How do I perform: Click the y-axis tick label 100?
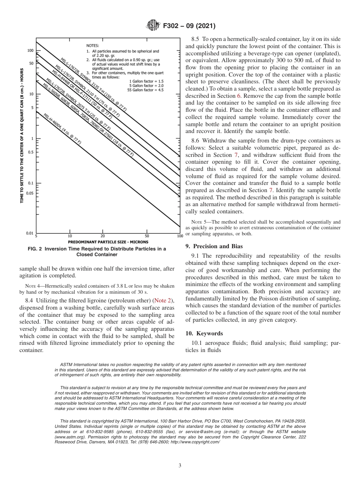click(x=30, y=50)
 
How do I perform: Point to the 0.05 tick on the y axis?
click(x=30, y=193)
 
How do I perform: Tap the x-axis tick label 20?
click(x=103, y=236)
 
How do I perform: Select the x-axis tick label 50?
click(x=147, y=236)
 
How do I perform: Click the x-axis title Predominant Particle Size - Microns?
click(x=108, y=242)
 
